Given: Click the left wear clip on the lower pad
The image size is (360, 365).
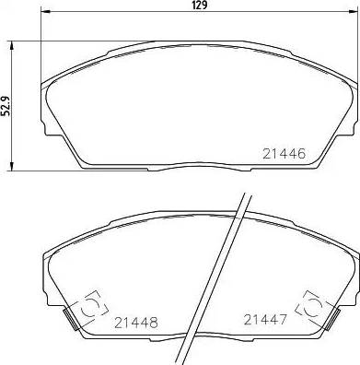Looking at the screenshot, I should [91, 307].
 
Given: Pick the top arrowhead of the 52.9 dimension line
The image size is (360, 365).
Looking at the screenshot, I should [12, 43].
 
